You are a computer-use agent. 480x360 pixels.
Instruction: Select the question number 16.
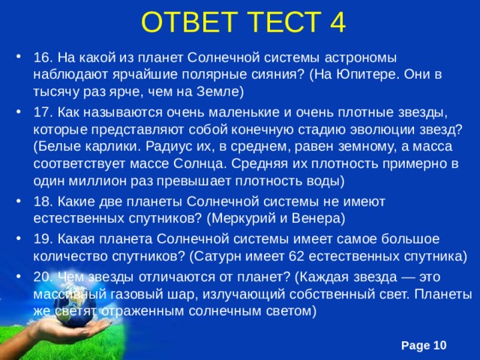point(42,58)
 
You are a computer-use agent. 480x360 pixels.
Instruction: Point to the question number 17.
point(42,112)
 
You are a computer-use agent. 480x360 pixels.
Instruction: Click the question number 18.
point(42,202)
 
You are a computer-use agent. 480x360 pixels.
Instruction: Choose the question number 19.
point(42,238)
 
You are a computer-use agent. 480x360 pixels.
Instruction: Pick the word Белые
point(57,148)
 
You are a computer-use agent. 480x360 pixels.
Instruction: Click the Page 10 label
point(424,344)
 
